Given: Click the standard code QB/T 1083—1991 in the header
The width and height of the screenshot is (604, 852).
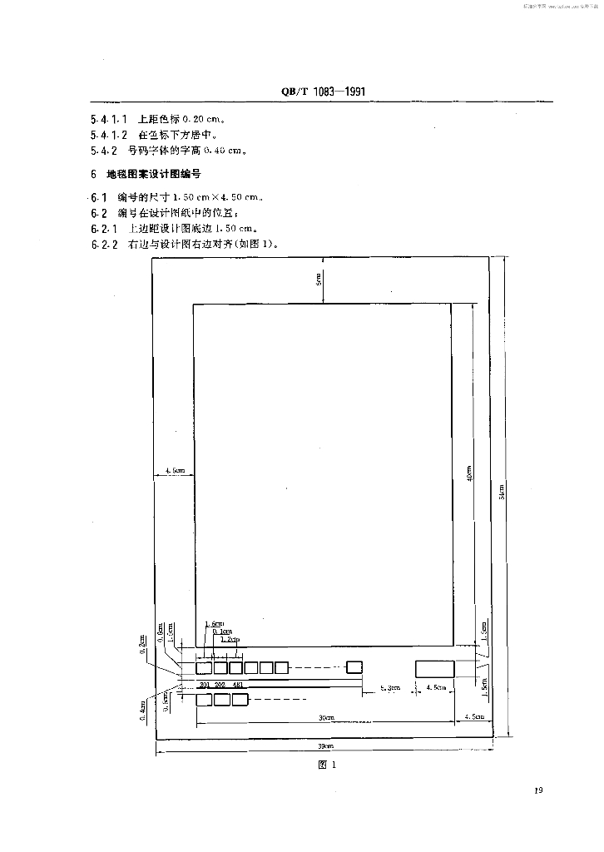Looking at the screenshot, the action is click(x=319, y=92).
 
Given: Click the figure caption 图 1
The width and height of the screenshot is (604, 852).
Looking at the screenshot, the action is click(x=326, y=766).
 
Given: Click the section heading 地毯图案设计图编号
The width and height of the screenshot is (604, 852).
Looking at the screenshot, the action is click(x=154, y=175).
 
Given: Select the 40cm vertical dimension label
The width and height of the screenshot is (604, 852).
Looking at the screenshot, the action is click(x=471, y=473).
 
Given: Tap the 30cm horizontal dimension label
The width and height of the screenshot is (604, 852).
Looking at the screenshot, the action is click(x=325, y=717).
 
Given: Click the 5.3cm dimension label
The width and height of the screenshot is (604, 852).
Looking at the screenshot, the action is click(x=389, y=687).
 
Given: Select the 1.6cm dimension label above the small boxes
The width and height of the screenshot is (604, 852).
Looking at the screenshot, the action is click(x=213, y=624).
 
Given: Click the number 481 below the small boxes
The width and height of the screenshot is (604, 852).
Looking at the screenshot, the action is click(x=238, y=685).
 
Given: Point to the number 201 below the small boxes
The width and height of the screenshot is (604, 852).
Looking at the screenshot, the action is click(x=205, y=685).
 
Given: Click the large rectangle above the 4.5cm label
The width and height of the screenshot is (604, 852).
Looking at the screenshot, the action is click(x=435, y=668).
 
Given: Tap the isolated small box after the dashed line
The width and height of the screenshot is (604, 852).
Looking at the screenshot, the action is click(x=354, y=666).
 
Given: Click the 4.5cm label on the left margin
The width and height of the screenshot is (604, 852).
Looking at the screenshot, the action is click(x=174, y=471).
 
